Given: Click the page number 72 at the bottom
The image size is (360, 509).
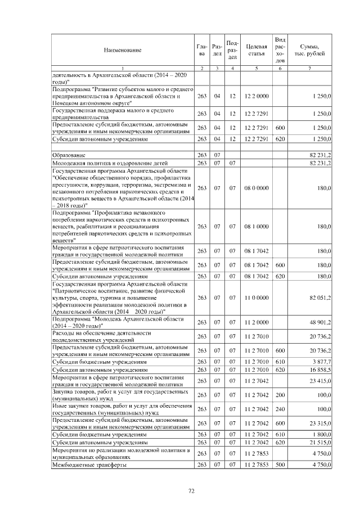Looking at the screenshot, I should [x=191, y=491].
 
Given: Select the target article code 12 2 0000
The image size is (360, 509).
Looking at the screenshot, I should [x=256, y=96].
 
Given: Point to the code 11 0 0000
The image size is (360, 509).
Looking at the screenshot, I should [x=256, y=298].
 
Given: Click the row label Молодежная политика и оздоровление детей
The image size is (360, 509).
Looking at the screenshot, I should [x=97, y=163].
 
